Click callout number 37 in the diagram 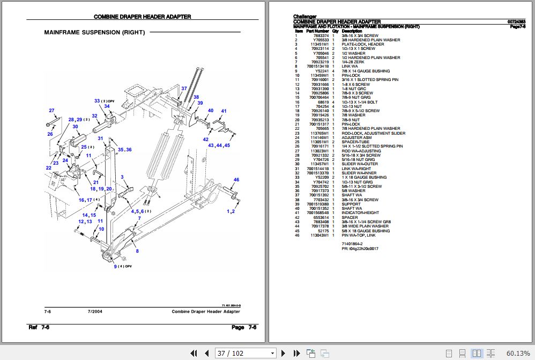(184, 88)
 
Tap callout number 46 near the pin (236, 180)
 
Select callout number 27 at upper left (51, 111)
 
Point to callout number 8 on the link (137, 251)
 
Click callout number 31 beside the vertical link (100, 138)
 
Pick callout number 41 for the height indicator (224, 111)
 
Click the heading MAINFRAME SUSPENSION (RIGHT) (94, 32)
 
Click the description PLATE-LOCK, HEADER (363, 45)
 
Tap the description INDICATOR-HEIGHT (360, 213)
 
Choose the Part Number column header (317, 31)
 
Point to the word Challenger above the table (304, 17)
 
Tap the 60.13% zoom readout (518, 353)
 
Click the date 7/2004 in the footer (95, 312)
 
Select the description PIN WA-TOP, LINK (359, 235)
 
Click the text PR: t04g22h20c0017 (360, 248)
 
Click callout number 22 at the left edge (48, 168)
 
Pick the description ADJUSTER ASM (356, 137)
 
